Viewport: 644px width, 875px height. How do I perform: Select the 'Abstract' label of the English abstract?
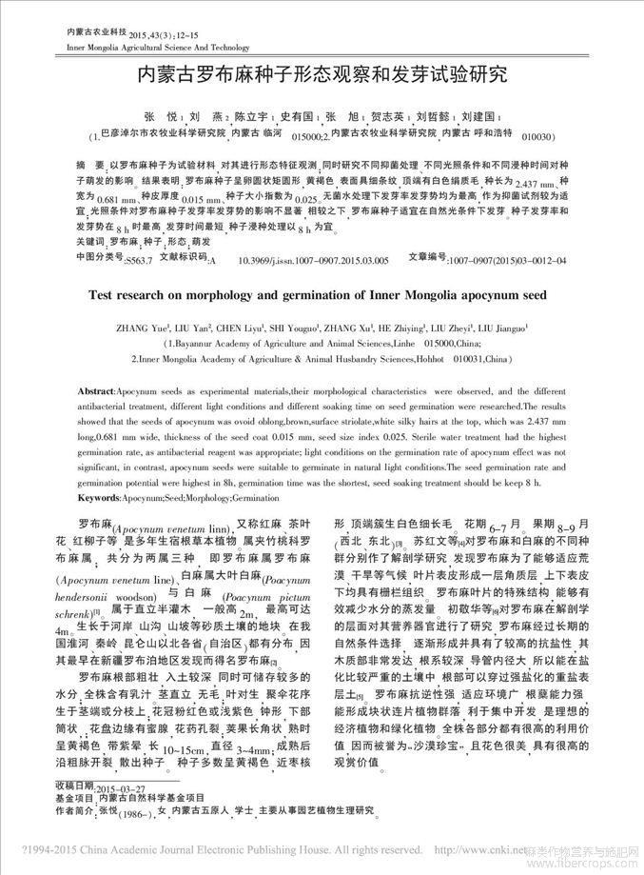tap(103, 392)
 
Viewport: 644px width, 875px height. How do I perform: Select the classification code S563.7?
tap(139, 260)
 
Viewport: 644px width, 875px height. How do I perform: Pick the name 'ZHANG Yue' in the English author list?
tap(141, 328)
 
